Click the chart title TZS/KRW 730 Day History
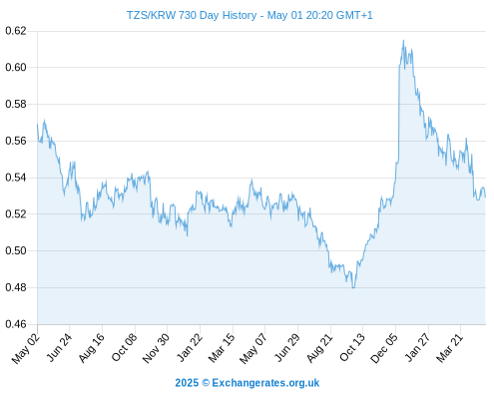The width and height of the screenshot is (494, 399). click(x=192, y=15)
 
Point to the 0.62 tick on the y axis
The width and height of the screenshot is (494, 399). click(x=16, y=31)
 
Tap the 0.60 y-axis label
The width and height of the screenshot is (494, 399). click(x=16, y=68)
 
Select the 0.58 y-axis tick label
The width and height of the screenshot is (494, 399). click(x=16, y=104)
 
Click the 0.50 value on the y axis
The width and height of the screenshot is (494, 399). click(x=16, y=250)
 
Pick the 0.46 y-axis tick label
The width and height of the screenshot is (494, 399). click(x=16, y=324)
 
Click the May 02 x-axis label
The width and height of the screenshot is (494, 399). click(x=26, y=348)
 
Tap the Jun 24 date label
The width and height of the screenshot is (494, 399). click(x=59, y=347)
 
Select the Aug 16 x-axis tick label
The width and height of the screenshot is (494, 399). click(x=91, y=347)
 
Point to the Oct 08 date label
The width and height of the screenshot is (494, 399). click(x=124, y=347)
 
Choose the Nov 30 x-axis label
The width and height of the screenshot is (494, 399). click(x=156, y=348)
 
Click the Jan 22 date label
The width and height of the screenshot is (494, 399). click(x=189, y=347)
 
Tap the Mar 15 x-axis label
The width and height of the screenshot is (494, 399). click(x=222, y=348)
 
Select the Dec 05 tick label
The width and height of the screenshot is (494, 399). click(x=383, y=348)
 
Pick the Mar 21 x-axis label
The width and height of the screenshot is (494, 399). click(x=449, y=348)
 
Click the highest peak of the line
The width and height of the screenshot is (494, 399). click(x=403, y=40)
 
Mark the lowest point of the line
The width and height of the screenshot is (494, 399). click(x=353, y=288)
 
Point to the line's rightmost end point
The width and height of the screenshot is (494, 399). click(x=485, y=198)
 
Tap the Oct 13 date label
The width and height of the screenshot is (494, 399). click(x=352, y=347)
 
